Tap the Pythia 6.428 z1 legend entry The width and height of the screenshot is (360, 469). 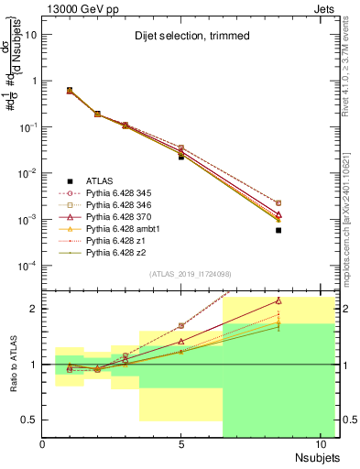click(116, 242)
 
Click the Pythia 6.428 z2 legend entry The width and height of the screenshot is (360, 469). click(116, 254)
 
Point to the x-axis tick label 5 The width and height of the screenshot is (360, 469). click(181, 446)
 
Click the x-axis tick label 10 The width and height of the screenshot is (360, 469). click(321, 446)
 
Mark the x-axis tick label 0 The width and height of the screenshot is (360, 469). click(42, 446)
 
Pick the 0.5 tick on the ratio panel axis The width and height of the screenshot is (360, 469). click(30, 420)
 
